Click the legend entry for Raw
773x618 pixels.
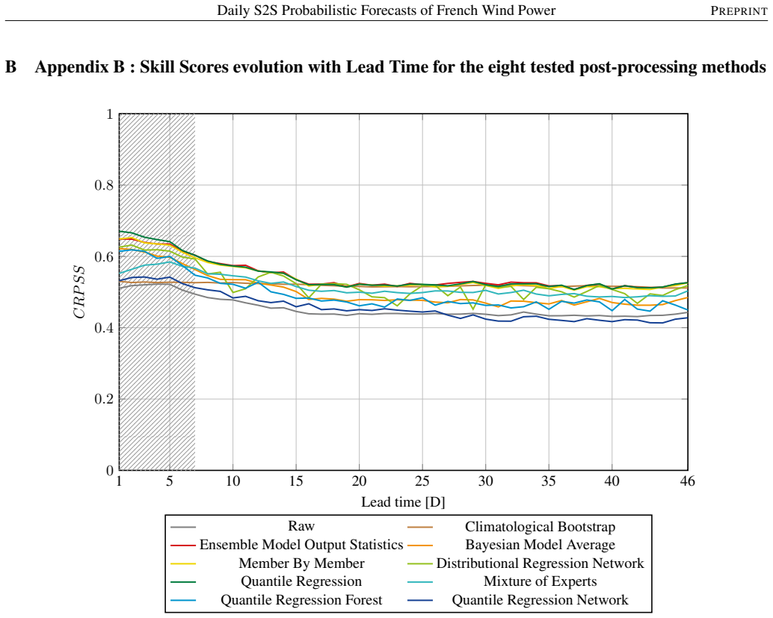coord(301,526)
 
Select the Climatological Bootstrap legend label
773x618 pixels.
coord(540,527)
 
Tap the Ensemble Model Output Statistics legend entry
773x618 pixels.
coord(301,545)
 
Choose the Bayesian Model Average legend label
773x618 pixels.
coord(540,545)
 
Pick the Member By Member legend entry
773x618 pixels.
coord(301,563)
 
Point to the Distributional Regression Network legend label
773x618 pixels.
coord(540,563)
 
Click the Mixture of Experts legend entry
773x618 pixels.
coord(540,581)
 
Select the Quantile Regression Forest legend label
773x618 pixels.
coord(301,600)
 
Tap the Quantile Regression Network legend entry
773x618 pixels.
coord(540,600)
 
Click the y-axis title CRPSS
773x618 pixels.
coord(79,292)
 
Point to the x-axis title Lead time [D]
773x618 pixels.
coord(403,502)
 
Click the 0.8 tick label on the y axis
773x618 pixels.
coord(104,185)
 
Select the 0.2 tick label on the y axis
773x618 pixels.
coord(104,399)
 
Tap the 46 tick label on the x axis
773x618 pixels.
coord(687,481)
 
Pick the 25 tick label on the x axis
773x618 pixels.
coord(422,481)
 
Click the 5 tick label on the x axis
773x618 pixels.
coord(170,481)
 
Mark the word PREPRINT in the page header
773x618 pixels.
coord(739,11)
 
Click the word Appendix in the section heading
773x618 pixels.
coord(79,67)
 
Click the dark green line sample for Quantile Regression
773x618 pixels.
coord(183,582)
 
